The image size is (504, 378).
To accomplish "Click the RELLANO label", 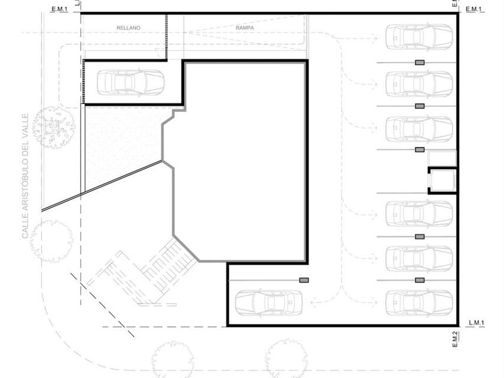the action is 128,28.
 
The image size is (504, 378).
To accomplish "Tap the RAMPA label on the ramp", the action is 245,28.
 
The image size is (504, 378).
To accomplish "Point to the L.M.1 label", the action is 476,323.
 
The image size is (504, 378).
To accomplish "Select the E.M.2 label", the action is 455,339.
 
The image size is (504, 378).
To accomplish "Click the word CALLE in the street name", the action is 25,227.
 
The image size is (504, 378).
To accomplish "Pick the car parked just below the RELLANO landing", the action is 131,83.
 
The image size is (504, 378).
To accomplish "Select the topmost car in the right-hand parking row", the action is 419,37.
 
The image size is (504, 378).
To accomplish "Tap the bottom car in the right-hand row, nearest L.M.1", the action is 419,303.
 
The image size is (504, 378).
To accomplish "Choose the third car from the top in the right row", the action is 419,128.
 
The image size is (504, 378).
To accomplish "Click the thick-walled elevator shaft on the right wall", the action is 443,181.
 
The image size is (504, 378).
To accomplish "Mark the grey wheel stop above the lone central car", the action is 304,280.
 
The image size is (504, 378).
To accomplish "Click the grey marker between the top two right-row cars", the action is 419,62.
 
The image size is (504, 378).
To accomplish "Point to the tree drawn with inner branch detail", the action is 53,127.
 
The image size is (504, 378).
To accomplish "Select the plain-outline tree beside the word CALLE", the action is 51,241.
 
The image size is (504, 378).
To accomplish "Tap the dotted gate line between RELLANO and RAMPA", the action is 167,37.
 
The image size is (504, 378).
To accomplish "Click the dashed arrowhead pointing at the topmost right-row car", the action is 375,38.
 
